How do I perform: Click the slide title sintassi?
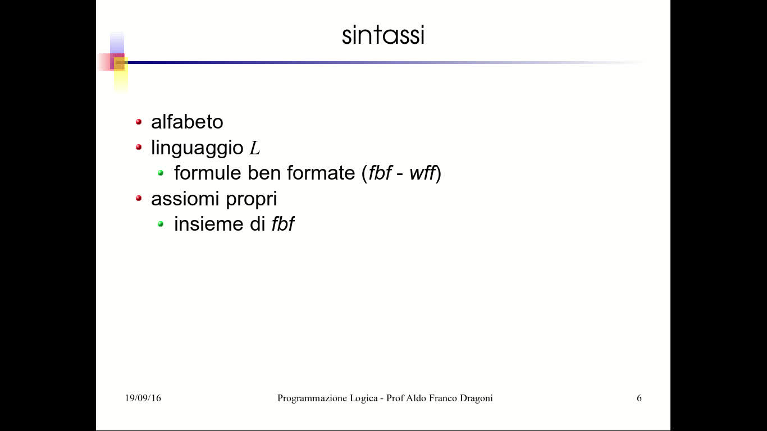pyautogui.click(x=383, y=35)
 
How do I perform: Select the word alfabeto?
pyautogui.click(x=187, y=122)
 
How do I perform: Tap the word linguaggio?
pyautogui.click(x=197, y=148)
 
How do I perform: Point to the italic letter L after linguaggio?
pyautogui.click(x=255, y=149)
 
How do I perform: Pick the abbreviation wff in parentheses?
pyautogui.click(x=422, y=173)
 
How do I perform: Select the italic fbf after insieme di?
pyautogui.click(x=283, y=224)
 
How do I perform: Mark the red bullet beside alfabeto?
pyautogui.click(x=139, y=122)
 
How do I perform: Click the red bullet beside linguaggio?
pyautogui.click(x=139, y=148)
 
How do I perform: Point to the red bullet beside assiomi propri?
pyautogui.click(x=139, y=198)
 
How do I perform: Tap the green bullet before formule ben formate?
pyautogui.click(x=161, y=173)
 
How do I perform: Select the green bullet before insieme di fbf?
pyautogui.click(x=161, y=224)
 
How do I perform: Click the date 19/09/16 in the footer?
pyautogui.click(x=143, y=398)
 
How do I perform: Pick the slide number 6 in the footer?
pyautogui.click(x=639, y=398)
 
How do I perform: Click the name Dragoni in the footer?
pyautogui.click(x=476, y=398)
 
